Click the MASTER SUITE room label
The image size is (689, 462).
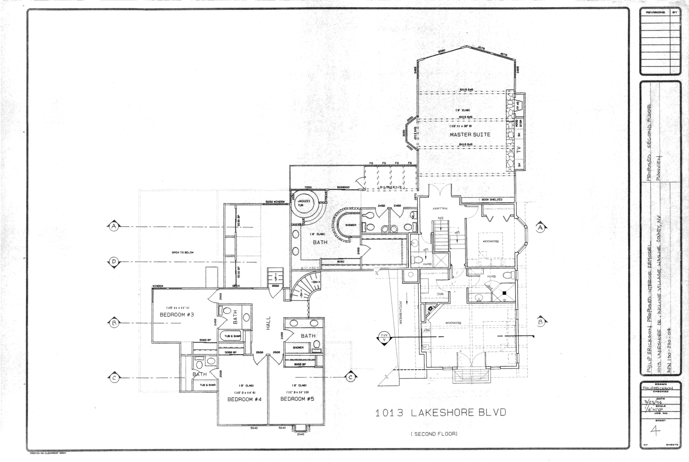point(470,134)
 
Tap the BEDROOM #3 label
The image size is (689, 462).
point(177,315)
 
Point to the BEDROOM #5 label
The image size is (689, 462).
point(297,399)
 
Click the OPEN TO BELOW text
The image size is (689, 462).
point(182,252)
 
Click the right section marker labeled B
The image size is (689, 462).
point(540,321)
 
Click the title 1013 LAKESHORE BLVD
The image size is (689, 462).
point(441,413)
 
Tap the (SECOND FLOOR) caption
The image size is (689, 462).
point(434,434)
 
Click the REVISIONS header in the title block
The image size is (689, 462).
point(655,12)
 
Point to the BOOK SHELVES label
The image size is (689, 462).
point(492,200)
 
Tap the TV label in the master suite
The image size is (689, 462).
point(518,149)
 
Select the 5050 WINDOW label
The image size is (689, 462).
point(275,202)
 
